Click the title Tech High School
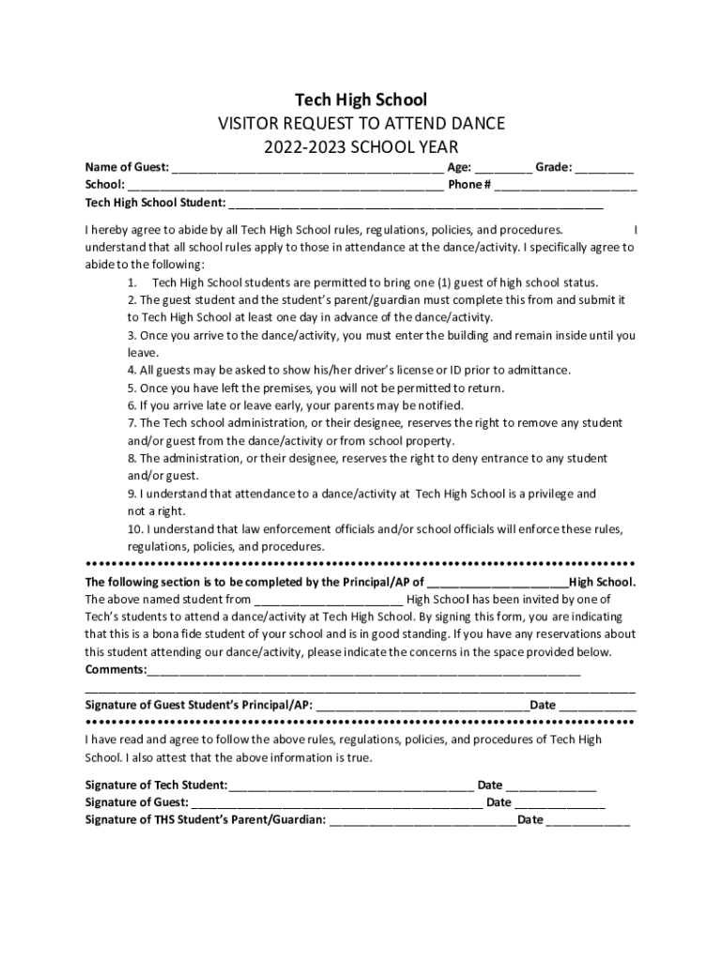(361, 99)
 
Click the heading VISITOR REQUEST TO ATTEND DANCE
(361, 124)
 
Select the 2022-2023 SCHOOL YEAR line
(361, 147)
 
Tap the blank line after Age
(503, 169)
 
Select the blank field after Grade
(605, 169)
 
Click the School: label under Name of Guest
(103, 185)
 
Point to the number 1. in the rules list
(133, 282)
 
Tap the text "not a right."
(157, 511)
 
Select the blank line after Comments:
(363, 672)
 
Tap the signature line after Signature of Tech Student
(351, 786)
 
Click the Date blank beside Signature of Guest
(561, 804)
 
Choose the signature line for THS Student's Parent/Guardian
(423, 822)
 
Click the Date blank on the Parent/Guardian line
(588, 822)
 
